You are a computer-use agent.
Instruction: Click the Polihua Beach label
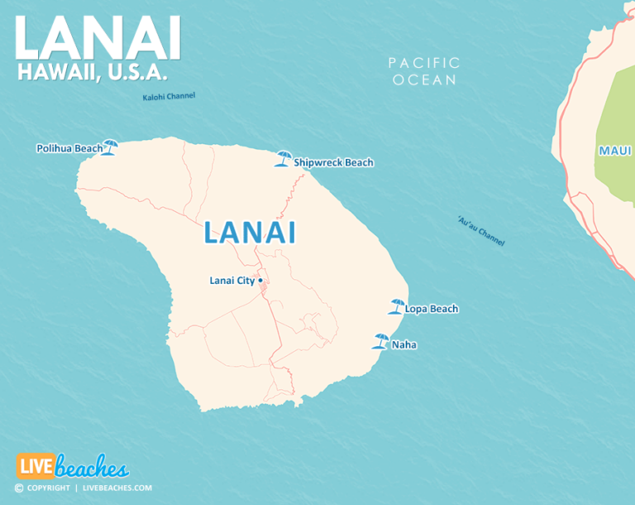coord(69,149)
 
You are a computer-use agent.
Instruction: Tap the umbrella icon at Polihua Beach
coord(109,147)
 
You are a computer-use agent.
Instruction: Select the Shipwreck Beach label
coord(333,163)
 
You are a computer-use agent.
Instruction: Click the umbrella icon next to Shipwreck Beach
coord(284,158)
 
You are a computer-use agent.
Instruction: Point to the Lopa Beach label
coord(431,310)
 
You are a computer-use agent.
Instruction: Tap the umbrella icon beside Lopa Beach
coord(396,306)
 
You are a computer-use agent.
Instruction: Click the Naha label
coord(404,344)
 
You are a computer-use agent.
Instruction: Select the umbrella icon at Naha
coord(381,340)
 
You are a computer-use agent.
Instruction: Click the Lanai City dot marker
coord(260,281)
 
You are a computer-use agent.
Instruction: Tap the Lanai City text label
coord(232,281)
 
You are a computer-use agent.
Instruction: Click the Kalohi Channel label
coord(169,97)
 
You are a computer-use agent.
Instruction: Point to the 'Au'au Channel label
coord(480,231)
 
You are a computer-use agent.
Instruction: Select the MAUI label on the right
coord(614,151)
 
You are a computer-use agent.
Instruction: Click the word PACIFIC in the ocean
coord(424,63)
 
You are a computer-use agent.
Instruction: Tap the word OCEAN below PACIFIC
coord(424,80)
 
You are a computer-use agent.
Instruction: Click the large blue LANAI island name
coord(249,233)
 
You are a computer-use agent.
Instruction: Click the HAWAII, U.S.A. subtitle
coord(92,73)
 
